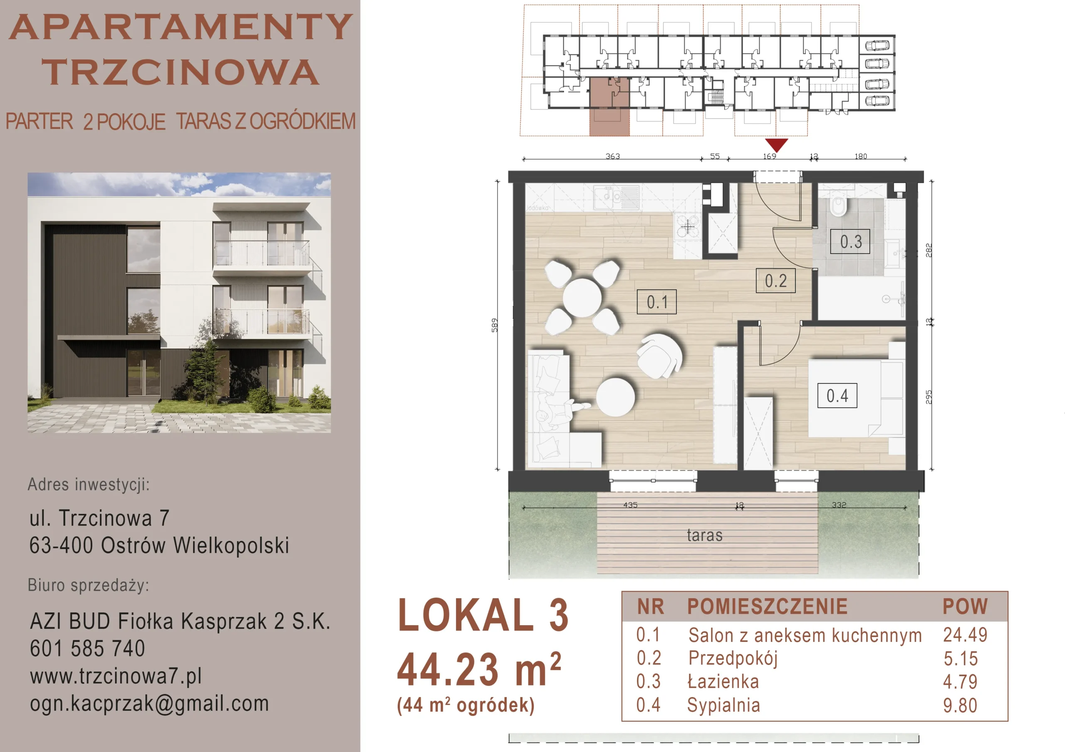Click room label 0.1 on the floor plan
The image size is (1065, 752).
click(656, 302)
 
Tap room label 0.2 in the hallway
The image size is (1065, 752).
click(775, 281)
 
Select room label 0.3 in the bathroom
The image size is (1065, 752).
click(850, 241)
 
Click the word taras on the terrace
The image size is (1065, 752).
click(705, 535)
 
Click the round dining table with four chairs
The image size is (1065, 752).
click(582, 297)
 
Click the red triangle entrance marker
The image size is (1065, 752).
click(776, 144)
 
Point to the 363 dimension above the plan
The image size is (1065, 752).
click(613, 156)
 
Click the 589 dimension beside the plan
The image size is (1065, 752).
click(495, 325)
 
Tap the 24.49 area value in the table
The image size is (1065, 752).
click(965, 635)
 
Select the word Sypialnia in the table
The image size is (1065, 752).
click(723, 705)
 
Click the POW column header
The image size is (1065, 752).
click(965, 607)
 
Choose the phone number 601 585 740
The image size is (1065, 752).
click(87, 648)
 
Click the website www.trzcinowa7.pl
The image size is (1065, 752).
click(116, 676)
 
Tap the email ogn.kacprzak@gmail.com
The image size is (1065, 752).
click(149, 703)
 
